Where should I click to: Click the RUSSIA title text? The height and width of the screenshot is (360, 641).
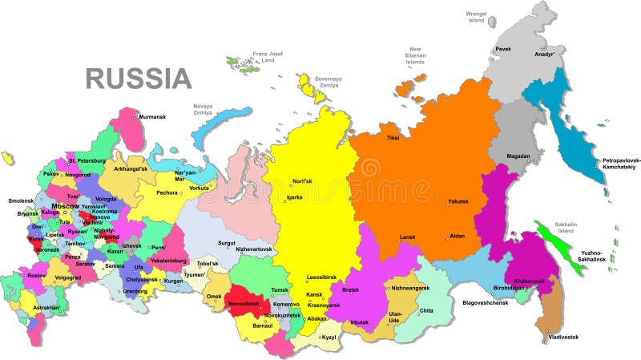coord(139,79)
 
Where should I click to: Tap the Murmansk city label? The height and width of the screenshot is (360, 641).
coord(153,117)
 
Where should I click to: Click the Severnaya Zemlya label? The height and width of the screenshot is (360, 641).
coord(328,83)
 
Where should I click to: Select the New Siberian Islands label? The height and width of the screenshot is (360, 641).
coord(414,56)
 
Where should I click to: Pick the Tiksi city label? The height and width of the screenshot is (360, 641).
coord(393,138)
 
